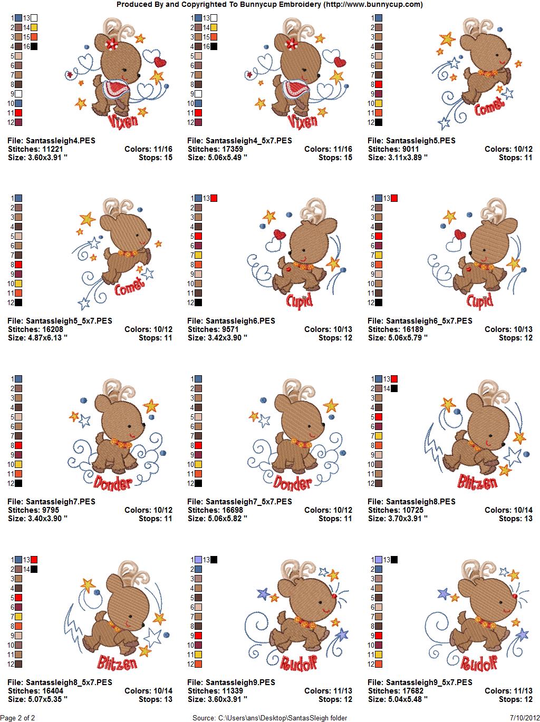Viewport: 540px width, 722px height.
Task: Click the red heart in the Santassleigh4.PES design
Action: [x=160, y=62]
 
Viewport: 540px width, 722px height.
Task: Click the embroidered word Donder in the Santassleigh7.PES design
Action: [x=114, y=482]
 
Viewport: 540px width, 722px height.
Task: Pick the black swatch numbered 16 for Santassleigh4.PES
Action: [x=34, y=46]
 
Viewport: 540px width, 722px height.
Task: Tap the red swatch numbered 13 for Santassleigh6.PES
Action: [x=214, y=198]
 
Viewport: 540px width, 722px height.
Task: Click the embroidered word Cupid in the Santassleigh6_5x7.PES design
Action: [x=480, y=301]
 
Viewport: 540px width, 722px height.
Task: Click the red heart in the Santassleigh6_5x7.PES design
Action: [x=460, y=234]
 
